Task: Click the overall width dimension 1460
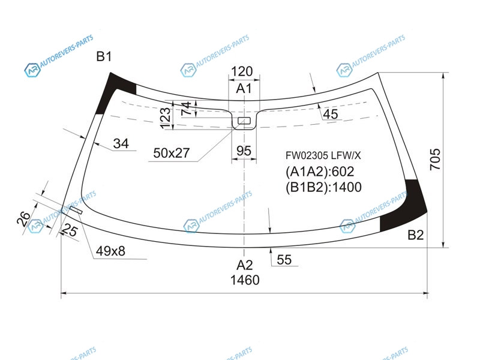point(245,280)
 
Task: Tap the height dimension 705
point(435,159)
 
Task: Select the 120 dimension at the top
point(242,71)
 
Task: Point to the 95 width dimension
point(244,151)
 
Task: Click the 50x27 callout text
point(172,153)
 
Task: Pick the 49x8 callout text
point(110,251)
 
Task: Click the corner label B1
point(104,56)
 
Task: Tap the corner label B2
point(416,235)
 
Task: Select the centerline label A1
point(244,88)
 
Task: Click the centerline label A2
point(245,265)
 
